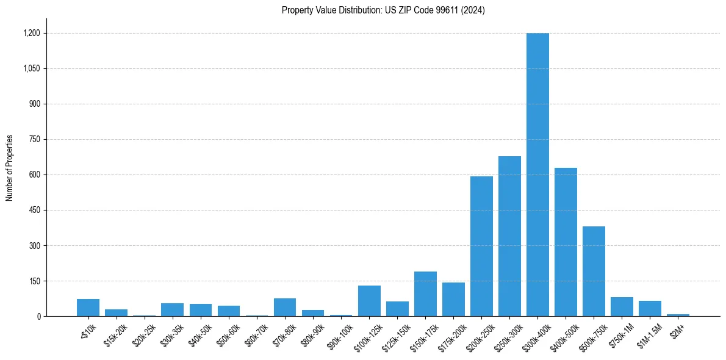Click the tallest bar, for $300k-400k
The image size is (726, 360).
click(537, 175)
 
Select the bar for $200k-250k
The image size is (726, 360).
click(481, 247)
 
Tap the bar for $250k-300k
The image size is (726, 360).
click(509, 236)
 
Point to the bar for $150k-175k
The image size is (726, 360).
click(425, 294)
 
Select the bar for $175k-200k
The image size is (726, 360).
click(453, 300)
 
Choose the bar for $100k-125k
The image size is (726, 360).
click(369, 301)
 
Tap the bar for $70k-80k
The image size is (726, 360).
click(285, 308)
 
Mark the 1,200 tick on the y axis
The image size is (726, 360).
click(31, 33)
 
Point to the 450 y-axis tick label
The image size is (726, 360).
click(34, 211)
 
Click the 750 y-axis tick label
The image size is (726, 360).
click(34, 140)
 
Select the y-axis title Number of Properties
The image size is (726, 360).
click(9, 167)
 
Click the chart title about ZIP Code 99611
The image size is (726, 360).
click(383, 10)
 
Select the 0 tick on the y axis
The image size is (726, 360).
click(38, 317)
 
